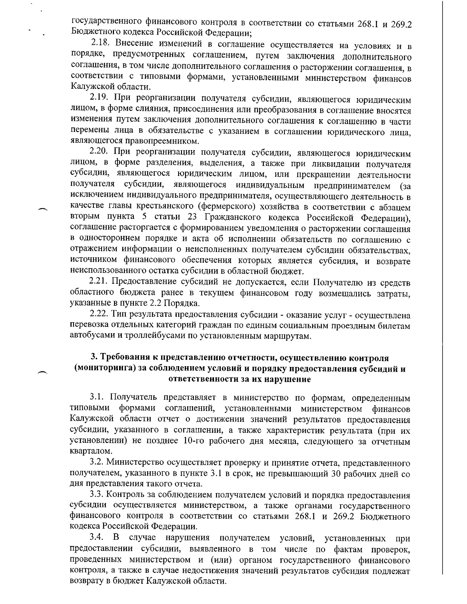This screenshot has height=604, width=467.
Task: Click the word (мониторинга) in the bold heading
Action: click(105, 369)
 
